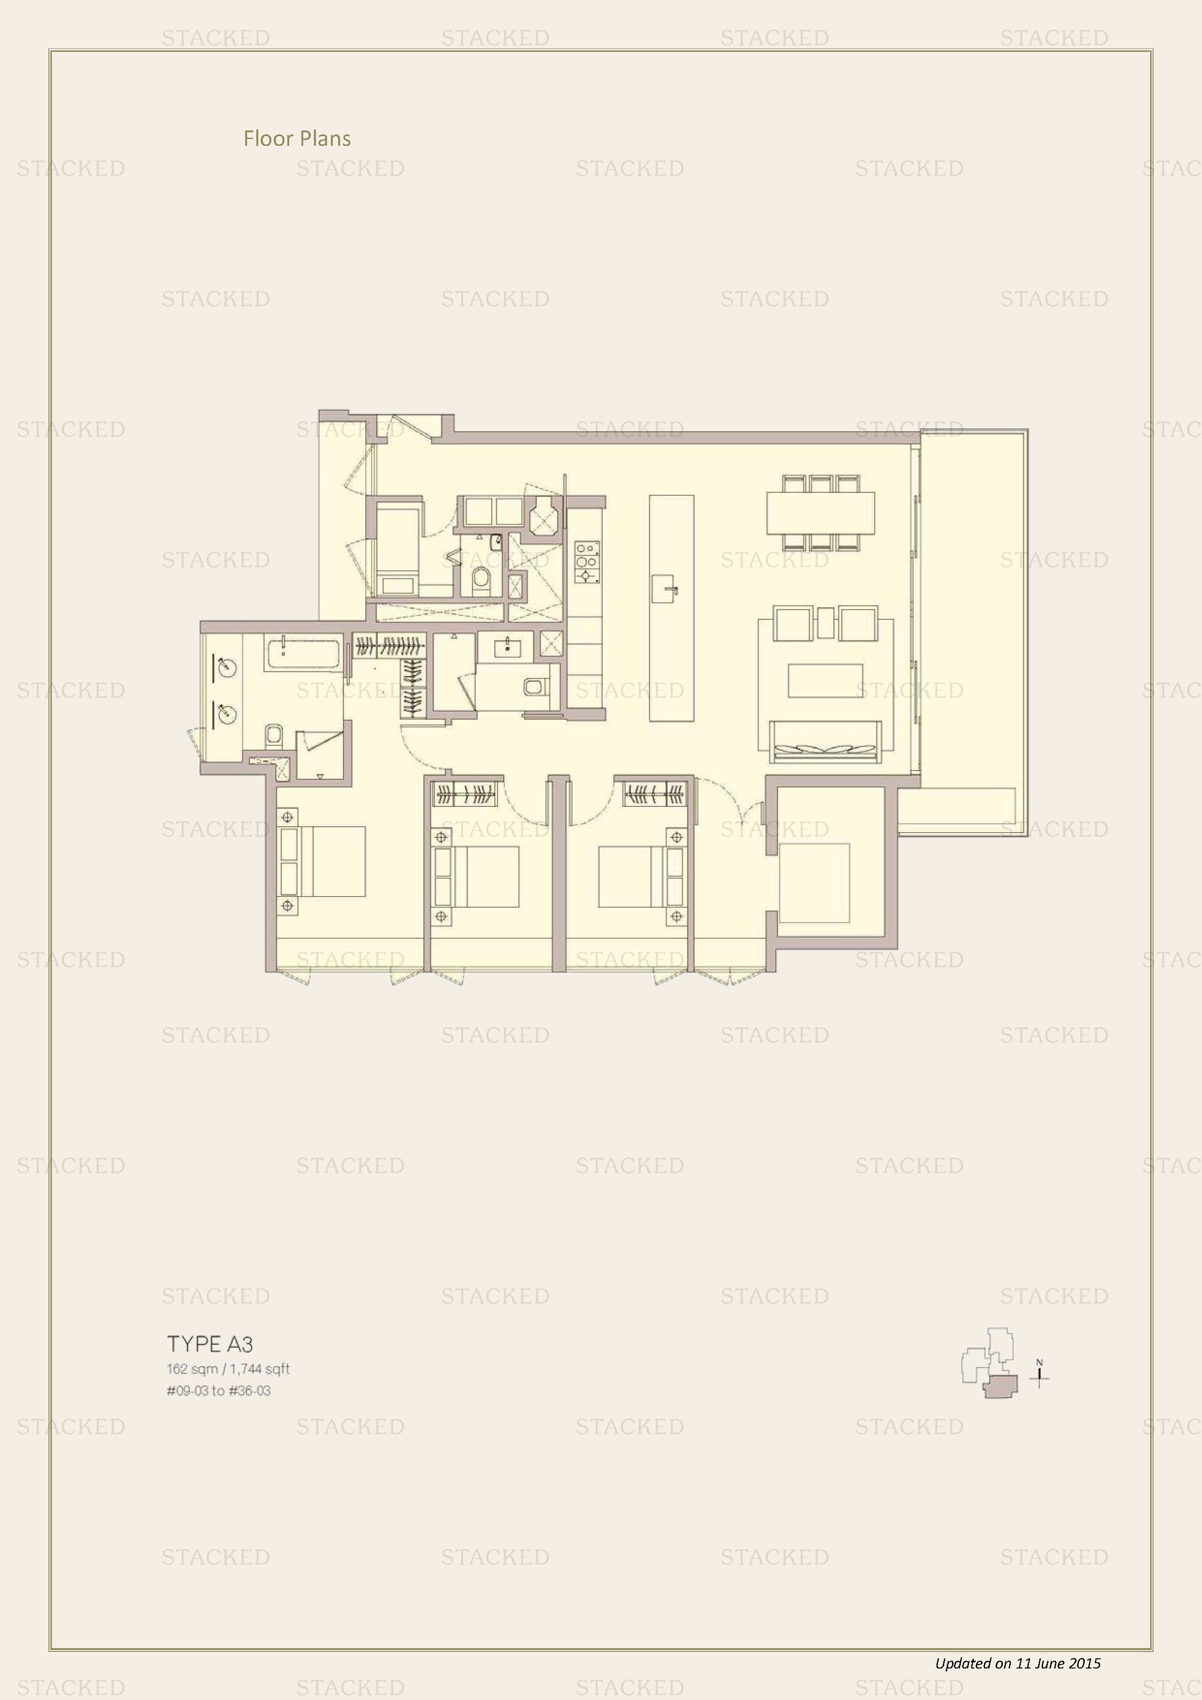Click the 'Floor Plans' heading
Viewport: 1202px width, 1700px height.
pos(297,139)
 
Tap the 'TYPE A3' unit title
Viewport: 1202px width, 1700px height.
pos(210,1344)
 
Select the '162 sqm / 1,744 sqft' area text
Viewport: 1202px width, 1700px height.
pos(228,1369)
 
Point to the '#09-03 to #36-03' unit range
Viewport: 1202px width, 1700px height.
pos(219,1390)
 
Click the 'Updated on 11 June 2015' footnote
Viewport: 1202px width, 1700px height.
pos(1018,1663)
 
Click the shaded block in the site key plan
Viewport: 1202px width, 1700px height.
pos(1000,1385)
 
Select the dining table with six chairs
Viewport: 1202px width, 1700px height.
pos(821,512)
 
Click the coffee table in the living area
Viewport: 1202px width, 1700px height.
pos(825,680)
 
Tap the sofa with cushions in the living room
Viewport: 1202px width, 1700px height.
pos(825,740)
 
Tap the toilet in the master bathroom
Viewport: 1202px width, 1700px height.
pos(274,735)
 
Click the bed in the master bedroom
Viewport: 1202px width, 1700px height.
pos(322,862)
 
